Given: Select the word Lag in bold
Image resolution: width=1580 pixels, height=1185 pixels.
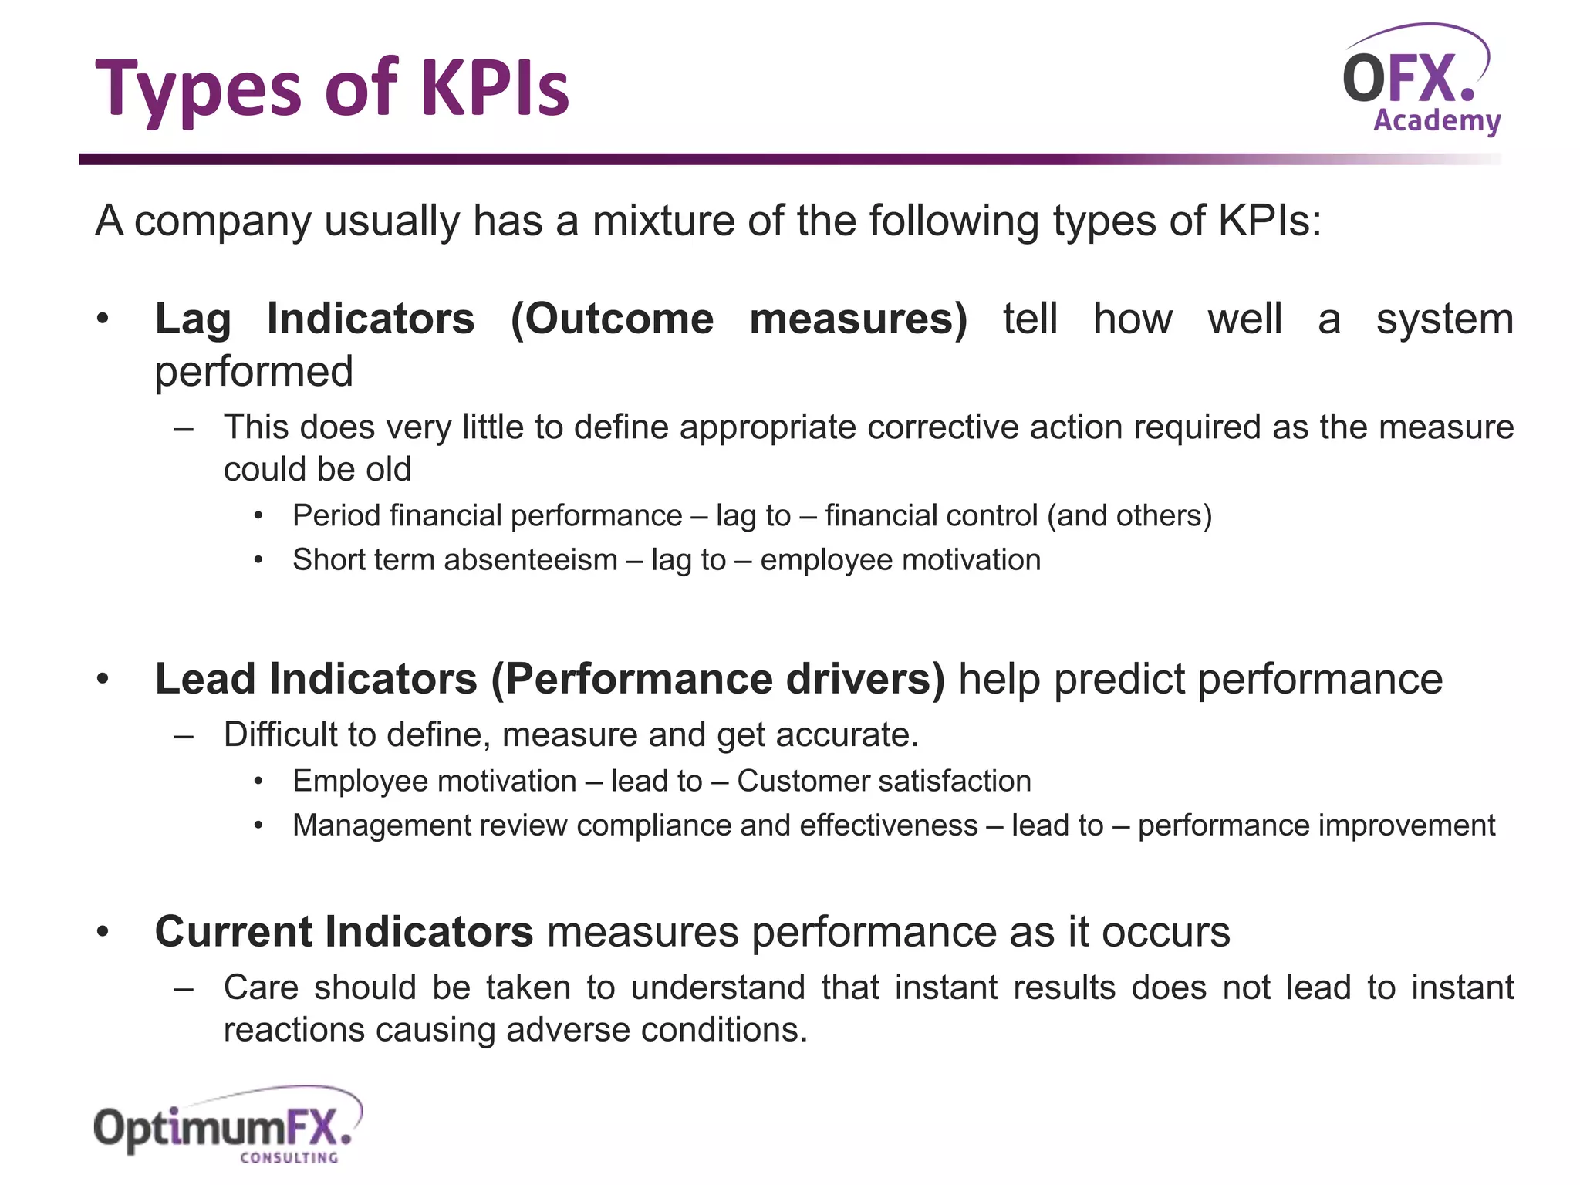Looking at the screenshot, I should [193, 319].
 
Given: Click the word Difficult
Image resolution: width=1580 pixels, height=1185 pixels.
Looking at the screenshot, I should [277, 734].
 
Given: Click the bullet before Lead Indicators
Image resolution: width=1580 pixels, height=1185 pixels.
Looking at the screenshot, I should [103, 680].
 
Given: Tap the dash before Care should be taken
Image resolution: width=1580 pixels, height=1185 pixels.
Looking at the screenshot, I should [184, 988].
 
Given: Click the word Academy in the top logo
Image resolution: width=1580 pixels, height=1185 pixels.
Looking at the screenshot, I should [1437, 121].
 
